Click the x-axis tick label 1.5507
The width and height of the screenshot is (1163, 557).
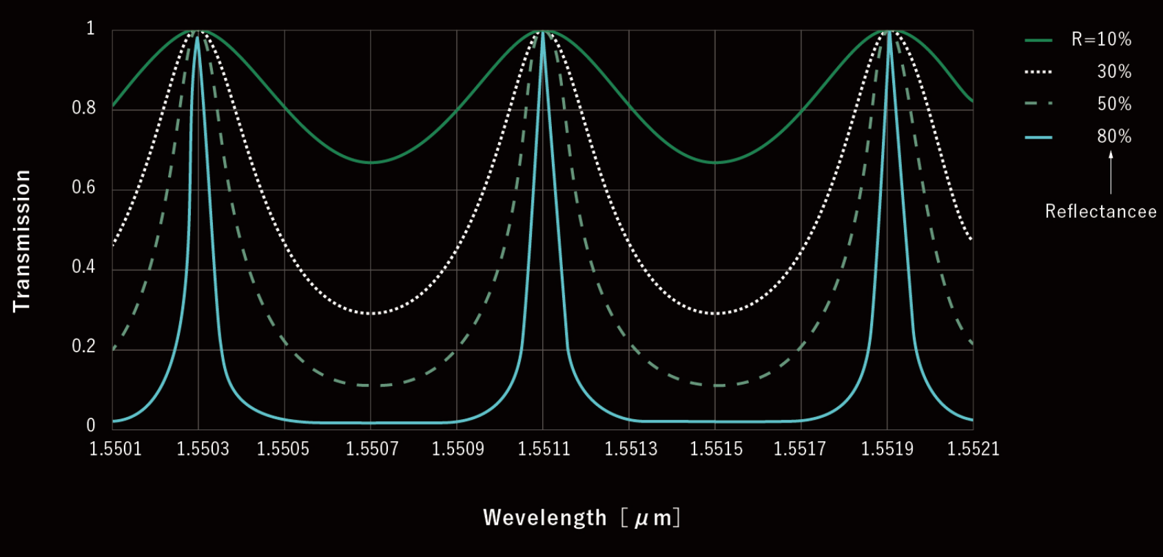click(372, 449)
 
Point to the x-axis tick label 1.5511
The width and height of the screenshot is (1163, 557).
click(544, 449)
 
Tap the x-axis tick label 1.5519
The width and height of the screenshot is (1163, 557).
click(887, 449)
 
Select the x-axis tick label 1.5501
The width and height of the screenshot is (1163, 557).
click(116, 449)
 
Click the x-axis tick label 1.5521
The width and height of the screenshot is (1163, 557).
click(973, 449)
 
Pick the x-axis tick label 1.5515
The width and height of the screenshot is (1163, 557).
click(717, 449)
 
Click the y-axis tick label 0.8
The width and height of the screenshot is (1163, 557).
click(84, 108)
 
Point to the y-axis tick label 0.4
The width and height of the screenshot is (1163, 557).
click(84, 267)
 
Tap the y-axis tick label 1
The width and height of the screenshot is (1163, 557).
click(90, 28)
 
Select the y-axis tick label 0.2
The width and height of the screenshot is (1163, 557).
click(84, 346)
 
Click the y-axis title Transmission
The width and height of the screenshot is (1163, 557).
click(22, 241)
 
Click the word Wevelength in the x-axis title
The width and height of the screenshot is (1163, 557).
click(545, 517)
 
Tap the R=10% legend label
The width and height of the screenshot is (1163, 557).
click(1101, 39)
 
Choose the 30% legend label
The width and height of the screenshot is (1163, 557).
click(1114, 72)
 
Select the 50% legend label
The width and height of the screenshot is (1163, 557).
click(1114, 104)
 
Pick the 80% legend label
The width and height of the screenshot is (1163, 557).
click(1114, 136)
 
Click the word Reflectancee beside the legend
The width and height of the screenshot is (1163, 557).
click(1100, 211)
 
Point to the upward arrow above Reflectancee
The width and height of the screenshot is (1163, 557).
click(1111, 172)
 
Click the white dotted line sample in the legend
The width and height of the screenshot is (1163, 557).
click(1038, 72)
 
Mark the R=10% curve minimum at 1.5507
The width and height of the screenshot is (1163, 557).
click(371, 163)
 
